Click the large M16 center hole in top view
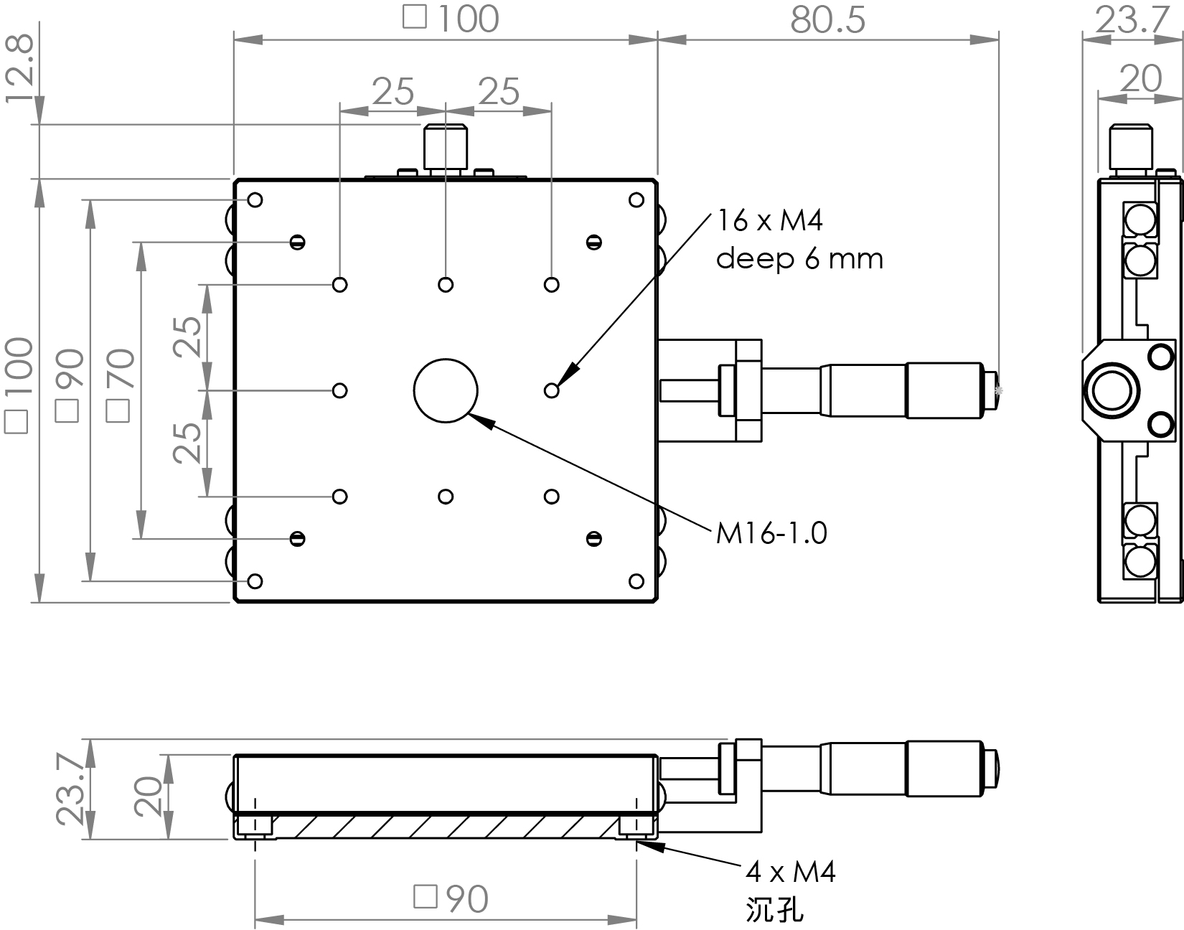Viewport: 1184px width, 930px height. [x=446, y=390]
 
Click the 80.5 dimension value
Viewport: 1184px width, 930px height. [x=828, y=21]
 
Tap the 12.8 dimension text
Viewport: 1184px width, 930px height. [x=19, y=69]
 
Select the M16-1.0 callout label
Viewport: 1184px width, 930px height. [x=771, y=533]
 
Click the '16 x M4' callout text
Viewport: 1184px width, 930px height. [x=770, y=221]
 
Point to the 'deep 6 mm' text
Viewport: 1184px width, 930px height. [x=799, y=258]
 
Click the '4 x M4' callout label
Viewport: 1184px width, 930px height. [x=791, y=873]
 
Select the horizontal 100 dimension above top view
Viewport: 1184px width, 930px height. [x=452, y=19]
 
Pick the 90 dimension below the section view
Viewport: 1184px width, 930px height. [x=452, y=898]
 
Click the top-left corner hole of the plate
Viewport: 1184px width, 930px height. [x=255, y=199]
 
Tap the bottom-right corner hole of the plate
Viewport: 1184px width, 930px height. [x=636, y=581]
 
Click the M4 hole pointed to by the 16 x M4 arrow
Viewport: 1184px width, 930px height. [x=551, y=390]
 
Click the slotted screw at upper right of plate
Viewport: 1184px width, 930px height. [x=593, y=243]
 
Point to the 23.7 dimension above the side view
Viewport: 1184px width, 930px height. [x=1132, y=21]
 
